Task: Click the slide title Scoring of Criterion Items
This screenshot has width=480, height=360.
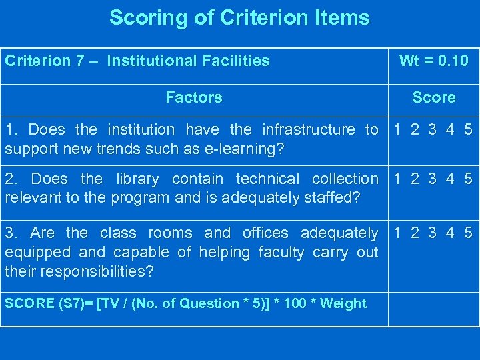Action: pos(239,17)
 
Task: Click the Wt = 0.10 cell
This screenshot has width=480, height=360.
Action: pos(433,61)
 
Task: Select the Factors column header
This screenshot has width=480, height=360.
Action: pos(193,97)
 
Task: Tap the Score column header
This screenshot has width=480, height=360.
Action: pos(433,97)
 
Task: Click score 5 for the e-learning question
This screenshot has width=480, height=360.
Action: pos(468,129)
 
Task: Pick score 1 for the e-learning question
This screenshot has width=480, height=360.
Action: pos(398,129)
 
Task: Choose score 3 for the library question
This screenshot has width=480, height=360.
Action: pos(433,179)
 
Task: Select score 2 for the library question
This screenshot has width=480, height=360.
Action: pos(415,179)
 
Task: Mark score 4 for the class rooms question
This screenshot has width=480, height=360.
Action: pos(451,233)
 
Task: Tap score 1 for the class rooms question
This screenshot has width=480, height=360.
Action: pos(398,233)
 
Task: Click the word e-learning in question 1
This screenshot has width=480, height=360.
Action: pos(247,148)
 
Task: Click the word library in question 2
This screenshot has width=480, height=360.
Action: pos(137,179)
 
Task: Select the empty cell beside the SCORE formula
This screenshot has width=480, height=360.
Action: pos(433,309)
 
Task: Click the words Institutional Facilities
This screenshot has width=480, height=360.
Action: pos(188,61)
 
